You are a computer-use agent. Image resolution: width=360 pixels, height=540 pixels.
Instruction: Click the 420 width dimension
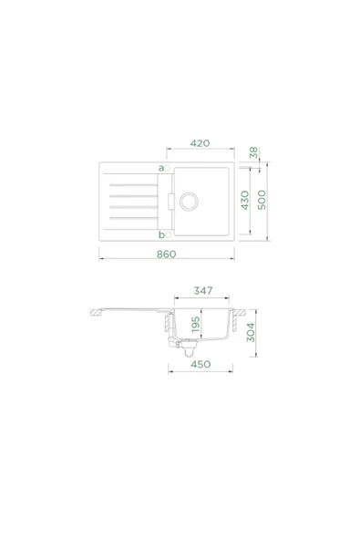[201, 143]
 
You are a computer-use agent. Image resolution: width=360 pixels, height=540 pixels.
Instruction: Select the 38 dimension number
[254, 153]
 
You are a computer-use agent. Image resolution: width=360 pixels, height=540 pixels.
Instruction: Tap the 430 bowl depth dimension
[244, 201]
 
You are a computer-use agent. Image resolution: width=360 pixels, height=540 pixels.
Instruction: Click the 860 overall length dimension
[165, 254]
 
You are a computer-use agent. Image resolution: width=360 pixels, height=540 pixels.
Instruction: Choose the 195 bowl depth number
[193, 327]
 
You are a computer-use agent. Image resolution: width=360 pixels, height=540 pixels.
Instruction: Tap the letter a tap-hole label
[160, 168]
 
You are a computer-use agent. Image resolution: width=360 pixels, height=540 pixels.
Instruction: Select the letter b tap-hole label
[160, 234]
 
